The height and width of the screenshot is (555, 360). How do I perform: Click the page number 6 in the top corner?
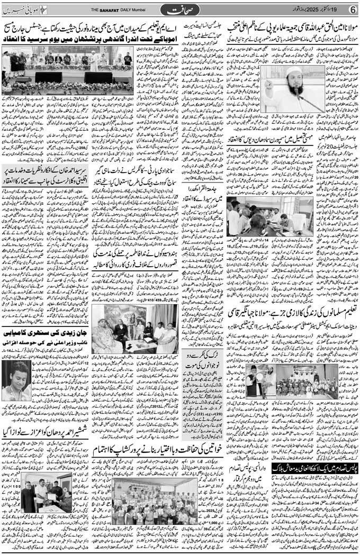pyautogui.click(x=352, y=10)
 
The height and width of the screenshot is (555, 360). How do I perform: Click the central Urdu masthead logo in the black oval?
pyautogui.click(x=183, y=10)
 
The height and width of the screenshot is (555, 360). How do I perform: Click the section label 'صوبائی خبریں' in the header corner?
pyautogui.click(x=24, y=10)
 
